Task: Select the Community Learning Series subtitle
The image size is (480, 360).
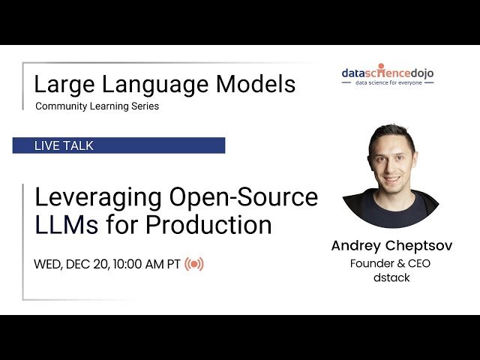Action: [97, 106]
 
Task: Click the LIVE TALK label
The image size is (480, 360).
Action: [64, 145]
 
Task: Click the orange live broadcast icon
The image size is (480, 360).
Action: [194, 264]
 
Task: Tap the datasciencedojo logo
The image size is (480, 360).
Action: [387, 73]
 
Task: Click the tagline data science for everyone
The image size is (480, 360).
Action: [387, 82]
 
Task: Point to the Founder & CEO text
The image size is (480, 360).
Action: [390, 263]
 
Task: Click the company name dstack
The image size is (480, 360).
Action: [390, 278]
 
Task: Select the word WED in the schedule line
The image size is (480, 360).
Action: [47, 264]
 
